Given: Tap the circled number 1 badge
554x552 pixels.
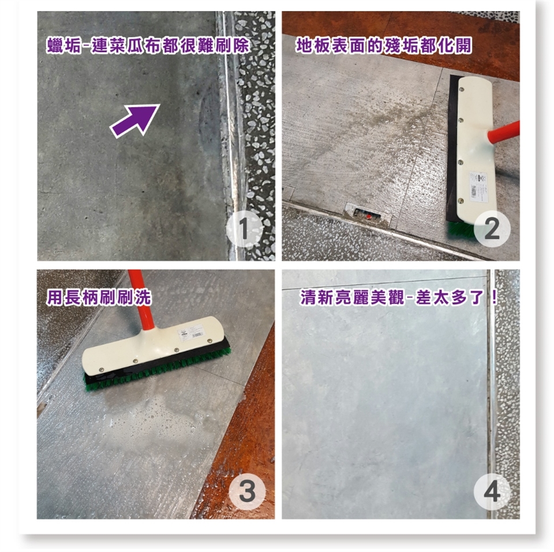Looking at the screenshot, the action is tap(244, 229).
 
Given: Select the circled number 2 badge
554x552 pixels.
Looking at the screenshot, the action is tap(492, 228).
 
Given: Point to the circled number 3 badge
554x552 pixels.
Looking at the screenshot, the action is tap(246, 491).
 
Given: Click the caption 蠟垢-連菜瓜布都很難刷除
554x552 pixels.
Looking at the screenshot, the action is tap(148, 46).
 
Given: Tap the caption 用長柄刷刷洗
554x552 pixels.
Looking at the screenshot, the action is tap(99, 297).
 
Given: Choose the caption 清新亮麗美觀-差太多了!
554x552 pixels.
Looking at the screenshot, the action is tap(399, 297).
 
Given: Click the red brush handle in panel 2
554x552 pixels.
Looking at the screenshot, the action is tap(503, 132).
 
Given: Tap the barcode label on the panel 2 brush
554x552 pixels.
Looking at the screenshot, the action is tap(478, 187).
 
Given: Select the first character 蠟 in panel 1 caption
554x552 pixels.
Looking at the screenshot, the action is tap(55, 46).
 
